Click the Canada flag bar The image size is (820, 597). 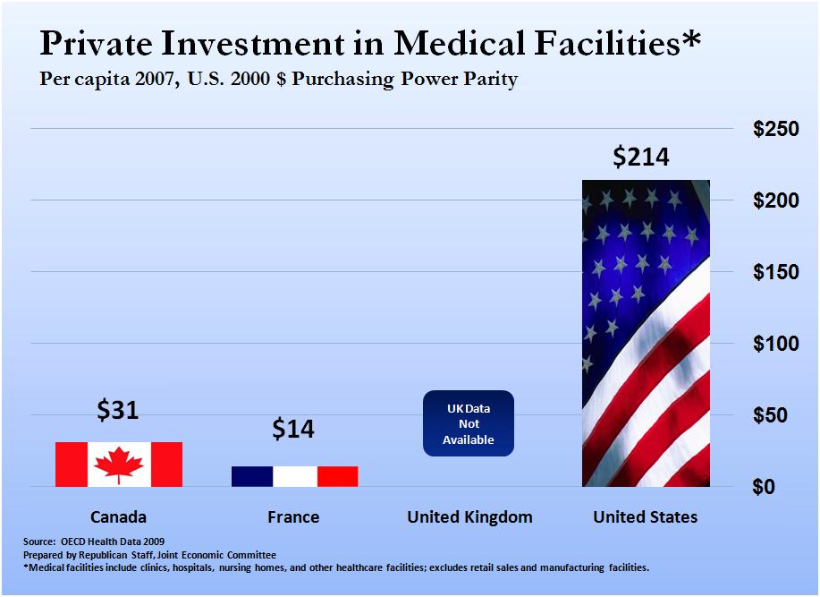[119, 464]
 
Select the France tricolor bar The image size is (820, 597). [294, 476]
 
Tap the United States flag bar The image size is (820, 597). [646, 333]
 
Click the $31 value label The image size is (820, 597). [119, 410]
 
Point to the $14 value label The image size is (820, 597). [293, 429]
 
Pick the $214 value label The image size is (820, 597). [640, 157]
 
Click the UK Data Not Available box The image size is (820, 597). [469, 423]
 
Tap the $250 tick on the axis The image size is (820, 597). [774, 129]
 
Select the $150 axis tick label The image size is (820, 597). [774, 272]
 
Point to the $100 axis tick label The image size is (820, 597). [774, 344]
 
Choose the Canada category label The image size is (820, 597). [118, 517]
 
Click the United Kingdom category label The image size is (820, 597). [469, 517]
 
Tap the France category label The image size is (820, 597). [293, 517]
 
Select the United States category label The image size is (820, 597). [646, 517]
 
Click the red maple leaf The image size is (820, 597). [119, 465]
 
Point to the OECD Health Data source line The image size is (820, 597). [94, 542]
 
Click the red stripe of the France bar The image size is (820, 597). [337, 476]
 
